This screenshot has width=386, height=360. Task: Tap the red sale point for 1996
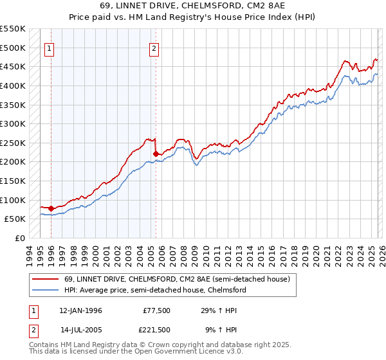pos(51,208)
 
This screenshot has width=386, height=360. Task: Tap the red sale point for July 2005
pos(156,154)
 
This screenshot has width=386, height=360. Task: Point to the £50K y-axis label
pos(15,219)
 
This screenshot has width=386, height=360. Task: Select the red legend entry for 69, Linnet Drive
pos(168,279)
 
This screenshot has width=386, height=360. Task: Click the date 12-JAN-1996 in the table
pos(80,310)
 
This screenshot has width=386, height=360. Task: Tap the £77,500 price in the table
pos(156,310)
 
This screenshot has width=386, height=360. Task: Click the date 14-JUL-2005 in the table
pos(80,330)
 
